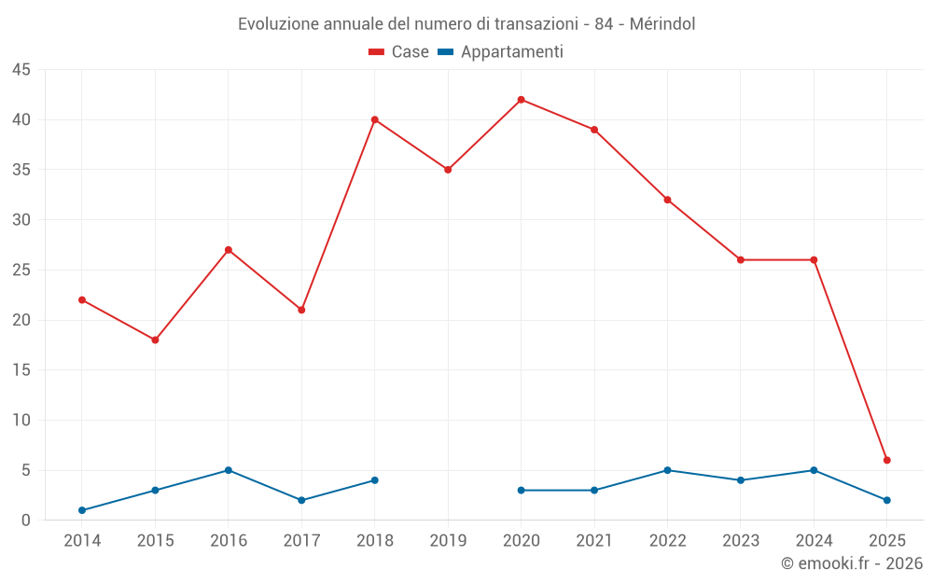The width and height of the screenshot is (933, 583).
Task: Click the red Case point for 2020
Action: click(521, 100)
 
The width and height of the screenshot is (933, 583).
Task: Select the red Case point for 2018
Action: click(375, 119)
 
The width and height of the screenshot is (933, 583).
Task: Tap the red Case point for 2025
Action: click(886, 460)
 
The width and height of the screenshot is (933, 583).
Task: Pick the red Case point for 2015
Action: click(155, 340)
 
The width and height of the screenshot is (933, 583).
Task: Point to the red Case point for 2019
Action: click(448, 170)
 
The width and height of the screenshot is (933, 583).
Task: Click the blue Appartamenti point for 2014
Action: click(82, 510)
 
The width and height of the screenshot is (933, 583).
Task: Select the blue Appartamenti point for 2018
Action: click(375, 480)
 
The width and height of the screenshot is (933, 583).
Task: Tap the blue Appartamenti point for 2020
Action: click(521, 490)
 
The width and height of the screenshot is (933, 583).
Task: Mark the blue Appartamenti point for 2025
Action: click(886, 500)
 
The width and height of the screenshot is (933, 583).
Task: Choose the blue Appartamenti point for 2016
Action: click(229, 470)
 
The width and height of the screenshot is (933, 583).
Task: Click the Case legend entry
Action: click(398, 52)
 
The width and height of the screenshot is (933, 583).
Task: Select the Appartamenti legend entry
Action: click(501, 52)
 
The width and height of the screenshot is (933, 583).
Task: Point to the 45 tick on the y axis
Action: click(21, 70)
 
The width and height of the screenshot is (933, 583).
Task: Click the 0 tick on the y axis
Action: click(26, 521)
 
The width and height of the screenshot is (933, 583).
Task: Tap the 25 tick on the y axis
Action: click(21, 271)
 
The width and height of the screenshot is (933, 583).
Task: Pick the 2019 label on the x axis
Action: click(448, 541)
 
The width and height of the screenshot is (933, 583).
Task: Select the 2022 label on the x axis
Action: click(667, 541)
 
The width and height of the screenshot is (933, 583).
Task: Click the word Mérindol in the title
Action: click(662, 23)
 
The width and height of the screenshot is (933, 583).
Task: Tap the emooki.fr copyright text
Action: click(852, 563)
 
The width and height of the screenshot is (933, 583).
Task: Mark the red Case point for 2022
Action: click(667, 200)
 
